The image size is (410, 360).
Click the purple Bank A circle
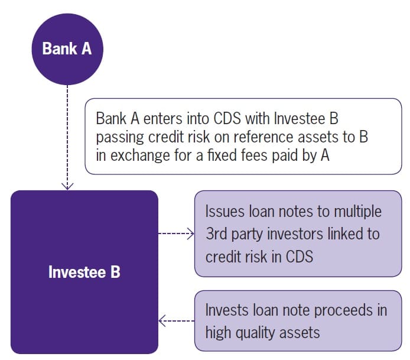pos(67,48)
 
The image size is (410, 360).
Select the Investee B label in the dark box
pos(84,273)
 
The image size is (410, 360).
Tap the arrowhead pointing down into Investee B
pos(67,186)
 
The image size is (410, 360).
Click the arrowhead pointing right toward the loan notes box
pos(190,234)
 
